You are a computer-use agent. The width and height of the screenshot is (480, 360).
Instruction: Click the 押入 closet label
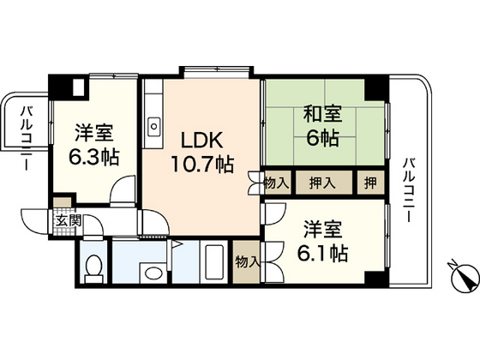coord(321,183)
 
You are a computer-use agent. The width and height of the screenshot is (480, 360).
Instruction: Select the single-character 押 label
coord(368,183)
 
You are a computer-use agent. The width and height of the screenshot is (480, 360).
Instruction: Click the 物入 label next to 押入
coord(276,183)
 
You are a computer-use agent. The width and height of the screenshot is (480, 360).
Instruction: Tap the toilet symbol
coord(97,267)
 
